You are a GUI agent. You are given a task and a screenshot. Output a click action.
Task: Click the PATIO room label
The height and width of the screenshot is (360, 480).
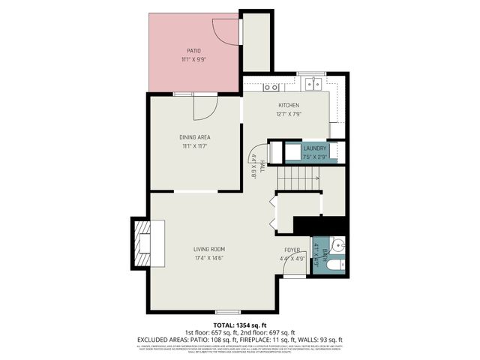(x=194, y=51)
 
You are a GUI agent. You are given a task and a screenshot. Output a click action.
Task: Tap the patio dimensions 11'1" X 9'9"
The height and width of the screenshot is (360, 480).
(x=194, y=59)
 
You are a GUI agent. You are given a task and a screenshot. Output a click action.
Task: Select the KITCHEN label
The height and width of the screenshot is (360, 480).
(x=289, y=105)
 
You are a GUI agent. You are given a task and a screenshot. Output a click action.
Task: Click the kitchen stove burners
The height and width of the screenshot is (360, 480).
(x=270, y=86)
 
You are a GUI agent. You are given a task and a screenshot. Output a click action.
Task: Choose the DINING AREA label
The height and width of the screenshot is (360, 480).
(x=194, y=137)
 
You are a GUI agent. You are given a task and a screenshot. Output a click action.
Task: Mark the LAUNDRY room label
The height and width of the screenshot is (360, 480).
(x=314, y=148)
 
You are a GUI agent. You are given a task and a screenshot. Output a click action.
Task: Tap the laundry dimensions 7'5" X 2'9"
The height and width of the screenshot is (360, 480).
(x=314, y=157)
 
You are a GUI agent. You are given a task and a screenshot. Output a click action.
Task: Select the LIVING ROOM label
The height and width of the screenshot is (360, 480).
(x=209, y=249)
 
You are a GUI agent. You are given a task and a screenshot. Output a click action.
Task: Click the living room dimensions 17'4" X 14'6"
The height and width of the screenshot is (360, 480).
(x=209, y=258)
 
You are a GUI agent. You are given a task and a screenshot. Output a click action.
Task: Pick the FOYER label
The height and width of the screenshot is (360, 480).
(x=292, y=250)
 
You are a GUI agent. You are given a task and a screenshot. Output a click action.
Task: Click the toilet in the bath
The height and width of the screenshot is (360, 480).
(x=335, y=262)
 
